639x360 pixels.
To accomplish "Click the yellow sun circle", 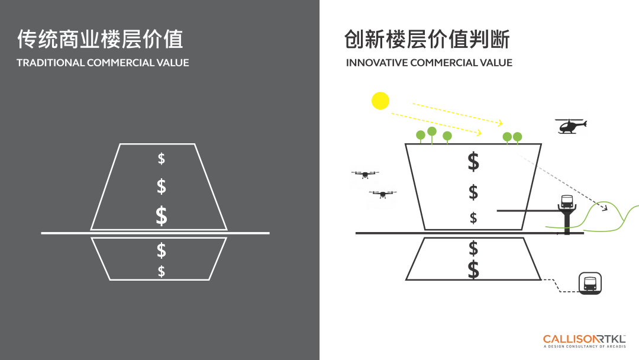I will point(380,101).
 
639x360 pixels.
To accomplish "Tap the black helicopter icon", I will point(570,126).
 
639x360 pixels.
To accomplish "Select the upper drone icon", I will point(365,174).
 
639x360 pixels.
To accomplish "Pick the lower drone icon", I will point(383,194).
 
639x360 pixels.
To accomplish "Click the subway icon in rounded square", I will point(590,284).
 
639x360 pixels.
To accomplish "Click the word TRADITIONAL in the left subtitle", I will point(50,63).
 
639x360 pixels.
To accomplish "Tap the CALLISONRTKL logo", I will point(583,339).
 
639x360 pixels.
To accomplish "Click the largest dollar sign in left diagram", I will point(161,216).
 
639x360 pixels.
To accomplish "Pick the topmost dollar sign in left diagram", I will point(162,159).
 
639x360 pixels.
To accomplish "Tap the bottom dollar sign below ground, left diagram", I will point(162,272).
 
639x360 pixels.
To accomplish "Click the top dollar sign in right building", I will point(473,162).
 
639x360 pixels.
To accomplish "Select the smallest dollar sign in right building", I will point(473,218).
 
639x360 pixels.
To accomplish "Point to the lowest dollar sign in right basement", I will point(473,270).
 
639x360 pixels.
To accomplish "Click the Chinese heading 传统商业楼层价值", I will point(100,39).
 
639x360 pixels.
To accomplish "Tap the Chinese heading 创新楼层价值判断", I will point(427,40).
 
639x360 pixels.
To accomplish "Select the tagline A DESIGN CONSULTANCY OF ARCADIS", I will point(583,347).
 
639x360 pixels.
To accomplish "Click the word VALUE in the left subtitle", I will point(173,63).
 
